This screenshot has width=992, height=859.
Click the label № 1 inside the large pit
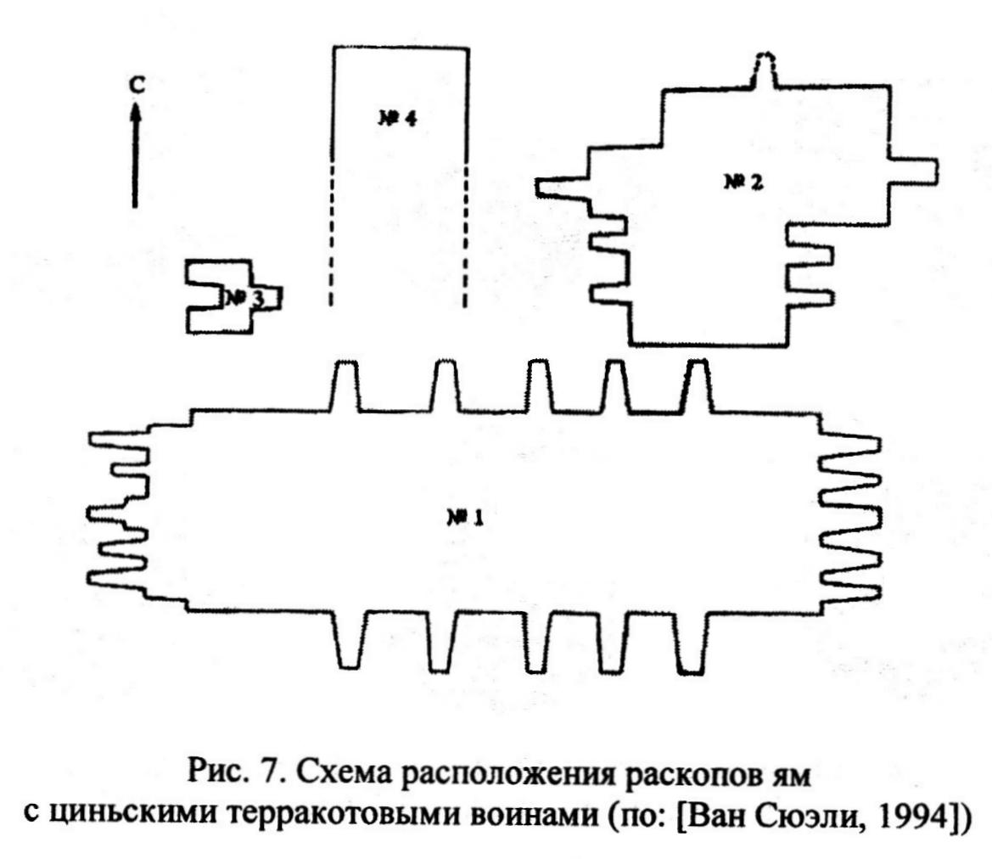[466, 518]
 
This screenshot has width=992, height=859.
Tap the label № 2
[743, 182]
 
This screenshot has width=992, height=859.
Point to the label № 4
[397, 118]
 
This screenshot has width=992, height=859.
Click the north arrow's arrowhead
[135, 112]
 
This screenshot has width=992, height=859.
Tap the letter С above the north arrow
[137, 84]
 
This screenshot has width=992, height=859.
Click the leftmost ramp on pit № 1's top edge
[345, 386]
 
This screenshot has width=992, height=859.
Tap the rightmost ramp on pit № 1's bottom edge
[691, 642]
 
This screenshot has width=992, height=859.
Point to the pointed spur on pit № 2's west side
[563, 188]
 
